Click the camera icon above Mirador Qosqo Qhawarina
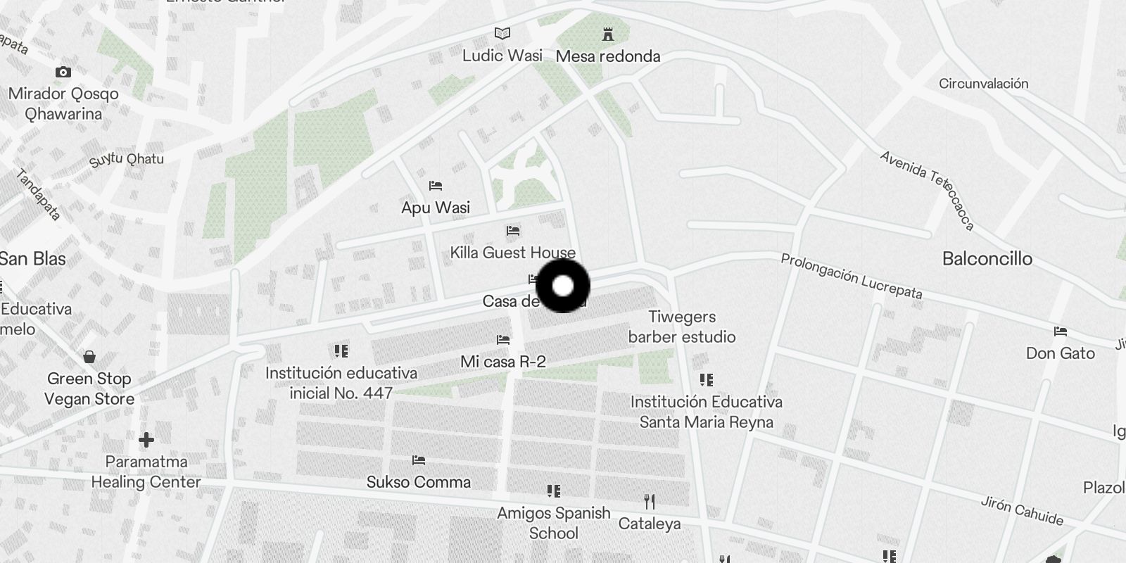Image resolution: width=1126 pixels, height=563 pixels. pos(63,72)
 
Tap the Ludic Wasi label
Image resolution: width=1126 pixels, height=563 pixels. pos(502,56)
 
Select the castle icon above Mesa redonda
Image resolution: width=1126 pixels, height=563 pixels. pos(607,34)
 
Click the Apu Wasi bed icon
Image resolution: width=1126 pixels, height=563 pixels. pos(436,186)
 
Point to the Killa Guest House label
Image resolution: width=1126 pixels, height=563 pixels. pos(512,253)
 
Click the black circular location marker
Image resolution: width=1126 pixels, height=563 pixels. pos(563,286)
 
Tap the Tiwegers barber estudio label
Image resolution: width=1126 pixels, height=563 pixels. pos(681,327)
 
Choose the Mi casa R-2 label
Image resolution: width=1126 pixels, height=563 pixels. pos(502,362)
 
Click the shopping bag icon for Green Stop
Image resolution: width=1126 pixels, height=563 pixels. pos(89,357)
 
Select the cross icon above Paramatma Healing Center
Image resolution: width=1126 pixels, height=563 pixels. pos(146,440)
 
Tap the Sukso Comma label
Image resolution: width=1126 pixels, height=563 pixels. pos(419,482)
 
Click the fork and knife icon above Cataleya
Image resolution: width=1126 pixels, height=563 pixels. pos(650,502)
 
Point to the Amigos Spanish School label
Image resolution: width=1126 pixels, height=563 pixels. pos(554,523)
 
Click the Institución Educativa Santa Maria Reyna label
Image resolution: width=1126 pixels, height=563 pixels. pos(706,412)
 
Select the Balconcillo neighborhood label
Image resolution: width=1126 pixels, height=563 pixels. pos(987,259)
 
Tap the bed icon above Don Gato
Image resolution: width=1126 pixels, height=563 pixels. pos(1060,331)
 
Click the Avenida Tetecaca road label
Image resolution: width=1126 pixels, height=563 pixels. pos(928,189)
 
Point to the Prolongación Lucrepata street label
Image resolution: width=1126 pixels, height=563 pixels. pos(851,277)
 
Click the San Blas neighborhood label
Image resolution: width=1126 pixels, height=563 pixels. pos(32,259)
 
